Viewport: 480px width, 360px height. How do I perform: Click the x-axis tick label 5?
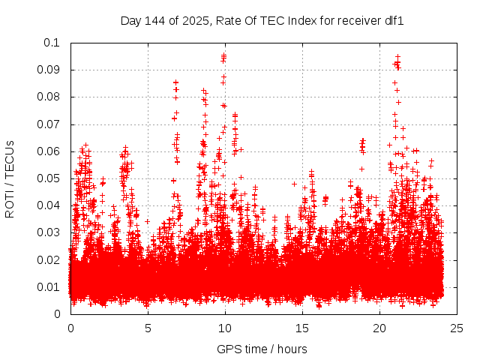(x=148, y=328)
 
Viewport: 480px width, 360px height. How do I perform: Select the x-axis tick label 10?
(x=225, y=328)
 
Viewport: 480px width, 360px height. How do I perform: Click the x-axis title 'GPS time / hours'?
(x=262, y=349)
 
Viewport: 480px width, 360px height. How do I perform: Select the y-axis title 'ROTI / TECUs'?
(x=10, y=178)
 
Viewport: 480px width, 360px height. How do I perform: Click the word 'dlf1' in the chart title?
(x=394, y=21)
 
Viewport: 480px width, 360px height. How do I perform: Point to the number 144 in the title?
(x=155, y=21)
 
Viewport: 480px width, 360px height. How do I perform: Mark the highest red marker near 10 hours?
(x=223, y=55)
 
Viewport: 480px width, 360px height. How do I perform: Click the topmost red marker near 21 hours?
(x=397, y=56)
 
